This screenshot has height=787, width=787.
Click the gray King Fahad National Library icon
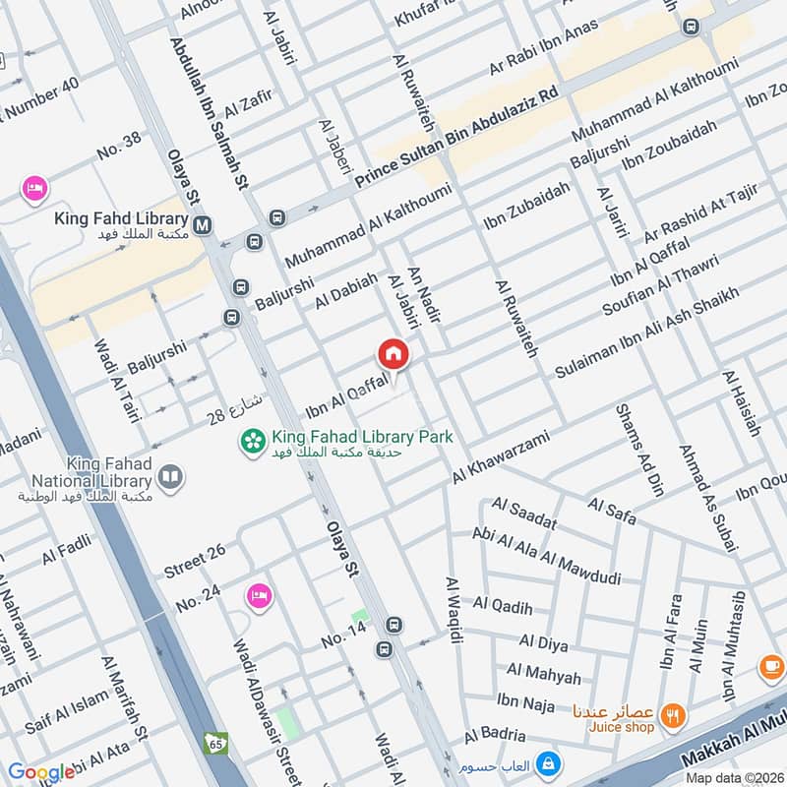click(170, 478)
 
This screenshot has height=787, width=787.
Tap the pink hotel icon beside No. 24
click(259, 596)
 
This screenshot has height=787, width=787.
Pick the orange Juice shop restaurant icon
click(673, 715)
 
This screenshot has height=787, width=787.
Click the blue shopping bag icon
click(549, 763)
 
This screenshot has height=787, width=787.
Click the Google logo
click(41, 772)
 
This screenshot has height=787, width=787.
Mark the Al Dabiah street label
click(346, 292)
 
